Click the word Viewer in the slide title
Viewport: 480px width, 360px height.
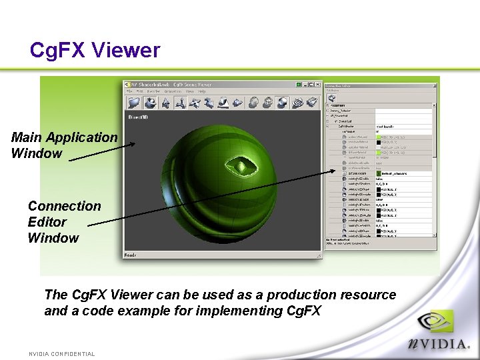pos(126,50)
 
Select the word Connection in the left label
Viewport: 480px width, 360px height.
pos(64,206)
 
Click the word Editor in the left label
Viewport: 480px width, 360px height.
pos(47,222)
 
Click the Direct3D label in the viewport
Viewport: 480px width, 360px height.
pos(139,116)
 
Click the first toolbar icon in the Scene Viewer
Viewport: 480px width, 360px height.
pos(134,102)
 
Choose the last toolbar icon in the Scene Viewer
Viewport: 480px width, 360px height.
pos(313,102)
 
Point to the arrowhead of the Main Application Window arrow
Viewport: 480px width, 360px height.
pos(134,143)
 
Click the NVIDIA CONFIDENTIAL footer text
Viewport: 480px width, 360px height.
pos(61,354)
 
